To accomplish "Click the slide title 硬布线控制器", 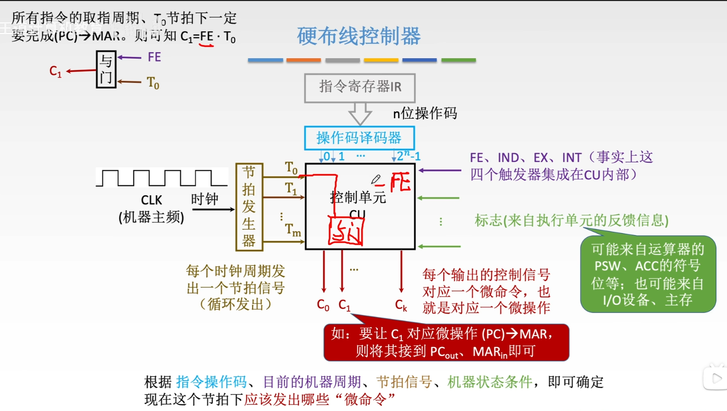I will click(359, 36).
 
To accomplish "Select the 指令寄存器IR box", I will click(360, 88).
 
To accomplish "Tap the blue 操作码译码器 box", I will click(359, 137).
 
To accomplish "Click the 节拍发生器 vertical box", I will click(249, 207).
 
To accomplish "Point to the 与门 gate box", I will click(106, 69).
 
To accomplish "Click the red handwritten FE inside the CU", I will click(401, 182).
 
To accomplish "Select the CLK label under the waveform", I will click(151, 200).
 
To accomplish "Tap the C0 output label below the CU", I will click(323, 305).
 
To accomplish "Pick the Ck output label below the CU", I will click(401, 305).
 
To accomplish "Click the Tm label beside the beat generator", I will click(293, 230).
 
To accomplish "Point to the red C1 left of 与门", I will click(55, 71).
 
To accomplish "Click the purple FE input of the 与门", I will click(154, 57).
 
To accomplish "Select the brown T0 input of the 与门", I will click(153, 82).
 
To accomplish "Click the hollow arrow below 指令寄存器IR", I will click(360, 114).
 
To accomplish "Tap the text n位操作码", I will click(425, 113).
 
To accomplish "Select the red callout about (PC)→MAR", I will click(446, 342).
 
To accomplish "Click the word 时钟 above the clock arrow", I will click(205, 199).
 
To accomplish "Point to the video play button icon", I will click(715, 378).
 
